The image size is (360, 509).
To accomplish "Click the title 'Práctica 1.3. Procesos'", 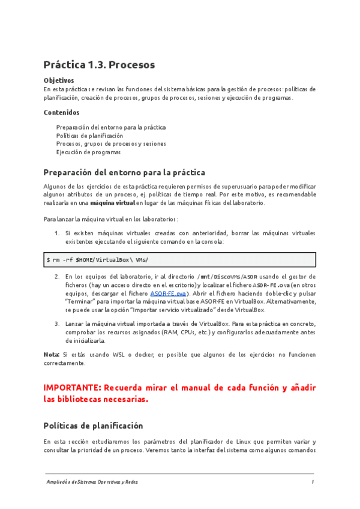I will pos(99,64).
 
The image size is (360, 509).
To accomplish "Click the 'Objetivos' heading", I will pos(59,80).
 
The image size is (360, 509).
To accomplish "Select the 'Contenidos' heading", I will pos(61,112).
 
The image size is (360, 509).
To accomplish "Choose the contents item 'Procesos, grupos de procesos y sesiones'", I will pos(111,144).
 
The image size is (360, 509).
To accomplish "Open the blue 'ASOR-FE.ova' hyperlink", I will pos(168,294).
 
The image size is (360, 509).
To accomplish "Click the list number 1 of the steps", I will pos(56,232).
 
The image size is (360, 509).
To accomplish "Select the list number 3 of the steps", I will pos(56,324).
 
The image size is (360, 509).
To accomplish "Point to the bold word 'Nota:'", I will pos(52,354).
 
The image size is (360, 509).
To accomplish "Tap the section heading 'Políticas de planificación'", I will pos(93,426).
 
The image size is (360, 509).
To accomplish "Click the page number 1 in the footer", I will pos(313,482).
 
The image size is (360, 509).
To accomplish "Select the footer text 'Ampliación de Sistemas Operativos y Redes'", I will pos(93,482).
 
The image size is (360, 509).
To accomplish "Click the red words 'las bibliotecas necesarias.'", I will pos(95,400).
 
